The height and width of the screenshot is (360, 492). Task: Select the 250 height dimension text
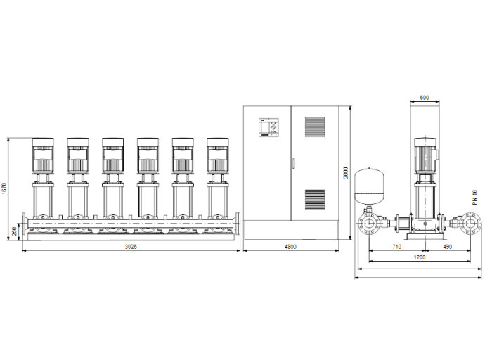(14, 231)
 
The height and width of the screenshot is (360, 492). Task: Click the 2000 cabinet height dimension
(345, 173)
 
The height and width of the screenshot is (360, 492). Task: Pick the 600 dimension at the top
(424, 98)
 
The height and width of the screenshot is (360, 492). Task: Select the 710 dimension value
(397, 247)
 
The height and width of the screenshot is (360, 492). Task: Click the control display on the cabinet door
(268, 127)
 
